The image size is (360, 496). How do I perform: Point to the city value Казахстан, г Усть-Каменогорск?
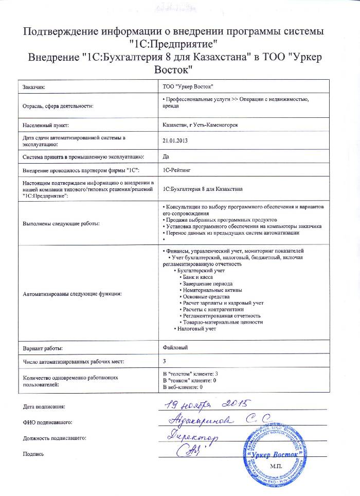pos(200,125)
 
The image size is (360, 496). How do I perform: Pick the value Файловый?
pos(175,348)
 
